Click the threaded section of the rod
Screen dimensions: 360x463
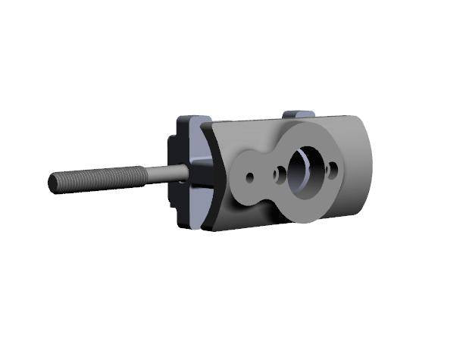tap(99, 179)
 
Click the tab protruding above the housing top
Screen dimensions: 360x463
tap(298, 115)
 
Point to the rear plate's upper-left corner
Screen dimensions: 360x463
tap(180, 119)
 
